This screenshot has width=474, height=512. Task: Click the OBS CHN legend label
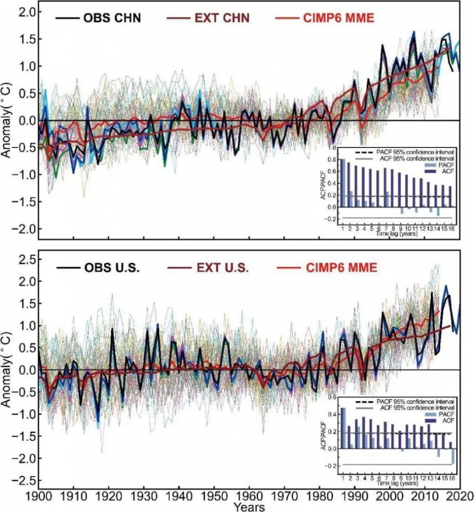[x=112, y=18]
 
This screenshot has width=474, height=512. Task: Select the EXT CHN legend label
[x=223, y=18]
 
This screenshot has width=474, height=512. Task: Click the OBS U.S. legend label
[x=112, y=268]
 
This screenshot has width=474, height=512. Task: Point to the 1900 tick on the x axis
[x=39, y=497]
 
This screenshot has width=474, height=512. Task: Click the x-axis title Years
[x=249, y=507]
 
